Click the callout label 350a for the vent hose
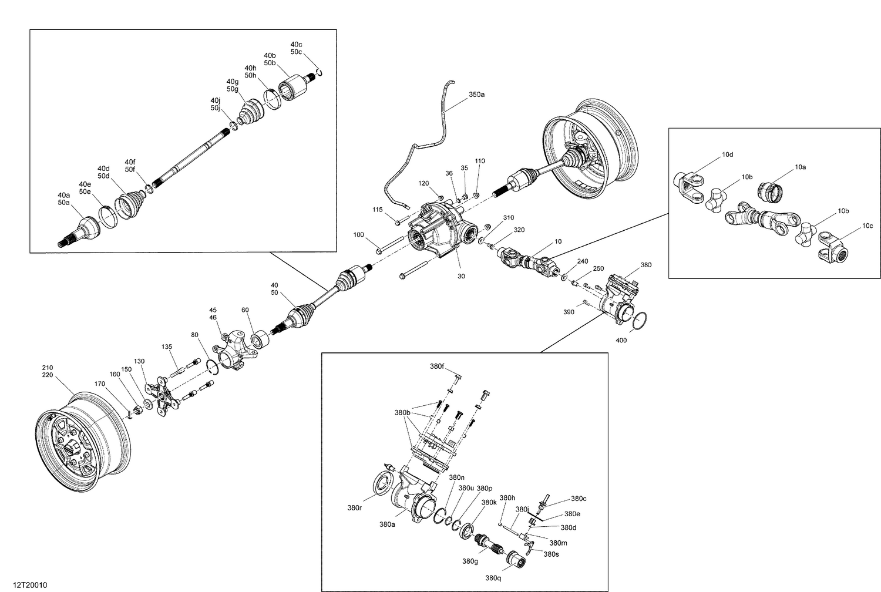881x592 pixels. click(476, 94)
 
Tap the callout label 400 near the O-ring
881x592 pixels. click(621, 340)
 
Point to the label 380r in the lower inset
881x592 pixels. click(354, 508)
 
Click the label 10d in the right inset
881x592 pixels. click(727, 154)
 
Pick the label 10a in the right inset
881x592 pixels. click(800, 167)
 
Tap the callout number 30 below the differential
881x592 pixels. click(461, 275)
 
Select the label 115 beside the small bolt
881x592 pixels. click(377, 210)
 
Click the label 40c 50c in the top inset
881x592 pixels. click(296, 48)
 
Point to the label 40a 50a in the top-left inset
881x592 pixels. click(63, 199)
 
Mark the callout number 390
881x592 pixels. click(569, 312)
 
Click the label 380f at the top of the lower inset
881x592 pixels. click(436, 366)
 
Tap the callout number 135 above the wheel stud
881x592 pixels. click(167, 347)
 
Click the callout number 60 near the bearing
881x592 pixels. click(245, 310)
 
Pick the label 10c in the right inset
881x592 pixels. click(867, 226)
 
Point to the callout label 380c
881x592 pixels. click(579, 499)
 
